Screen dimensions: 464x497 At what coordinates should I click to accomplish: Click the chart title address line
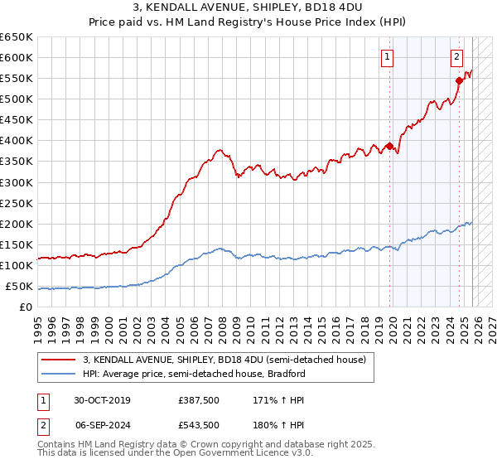[x=248, y=9]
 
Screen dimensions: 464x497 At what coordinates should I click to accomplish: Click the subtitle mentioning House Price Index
[x=248, y=23]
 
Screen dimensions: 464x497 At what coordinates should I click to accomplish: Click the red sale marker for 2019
[x=388, y=147]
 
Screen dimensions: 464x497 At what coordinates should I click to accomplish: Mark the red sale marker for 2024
[x=458, y=80]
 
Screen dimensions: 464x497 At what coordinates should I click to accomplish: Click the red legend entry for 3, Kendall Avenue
[x=218, y=360]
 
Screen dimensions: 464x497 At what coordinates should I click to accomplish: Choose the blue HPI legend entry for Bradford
[x=194, y=374]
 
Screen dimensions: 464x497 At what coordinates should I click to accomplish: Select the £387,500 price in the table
[x=198, y=400]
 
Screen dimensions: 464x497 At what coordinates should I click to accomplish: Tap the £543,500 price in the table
[x=198, y=424]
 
